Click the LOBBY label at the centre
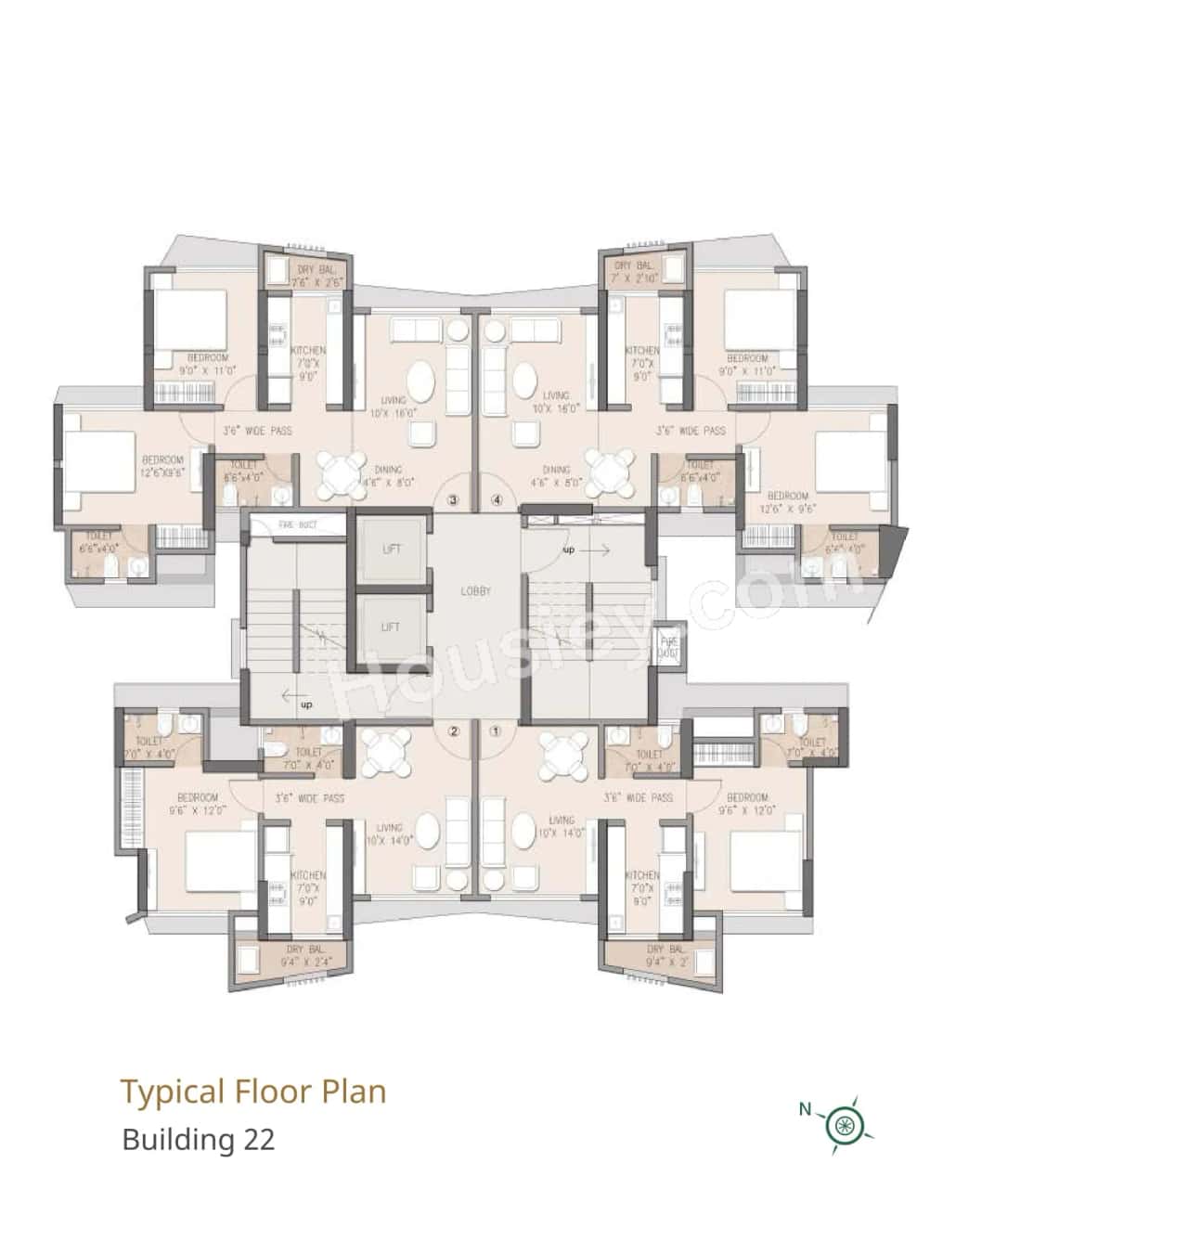point(475,591)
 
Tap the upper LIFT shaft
point(392,549)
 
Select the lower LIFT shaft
point(392,627)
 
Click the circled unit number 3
point(453,500)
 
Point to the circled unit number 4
point(497,500)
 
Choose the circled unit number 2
point(453,731)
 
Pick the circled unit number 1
point(496,731)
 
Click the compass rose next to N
point(844,1126)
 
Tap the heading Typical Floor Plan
point(253,1092)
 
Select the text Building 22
point(199,1139)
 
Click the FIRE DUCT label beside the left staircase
point(298,525)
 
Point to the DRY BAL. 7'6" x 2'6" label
point(317,276)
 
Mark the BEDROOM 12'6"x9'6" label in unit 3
point(163,466)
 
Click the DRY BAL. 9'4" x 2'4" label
point(304,957)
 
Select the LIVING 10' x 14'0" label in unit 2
point(389,834)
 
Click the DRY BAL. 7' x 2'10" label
point(634,272)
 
